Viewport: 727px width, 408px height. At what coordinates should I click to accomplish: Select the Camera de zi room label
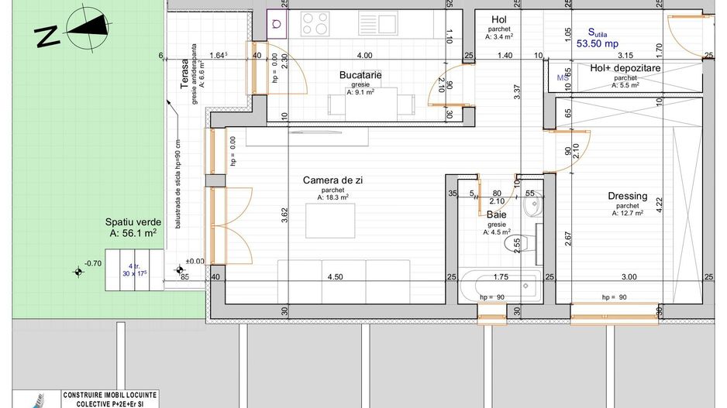[x=332, y=180]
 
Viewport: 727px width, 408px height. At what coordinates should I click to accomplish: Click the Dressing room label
[x=627, y=197]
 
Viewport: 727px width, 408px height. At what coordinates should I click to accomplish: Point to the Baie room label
[x=496, y=214]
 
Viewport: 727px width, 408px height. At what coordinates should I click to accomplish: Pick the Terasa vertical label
[x=184, y=76]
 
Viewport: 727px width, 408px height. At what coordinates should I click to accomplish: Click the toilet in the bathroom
[x=517, y=245]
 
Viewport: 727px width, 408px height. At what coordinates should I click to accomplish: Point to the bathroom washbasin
[x=533, y=207]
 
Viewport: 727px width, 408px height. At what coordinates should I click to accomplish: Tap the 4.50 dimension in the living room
[x=335, y=277]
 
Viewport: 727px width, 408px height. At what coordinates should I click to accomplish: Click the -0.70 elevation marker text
[x=94, y=263]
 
